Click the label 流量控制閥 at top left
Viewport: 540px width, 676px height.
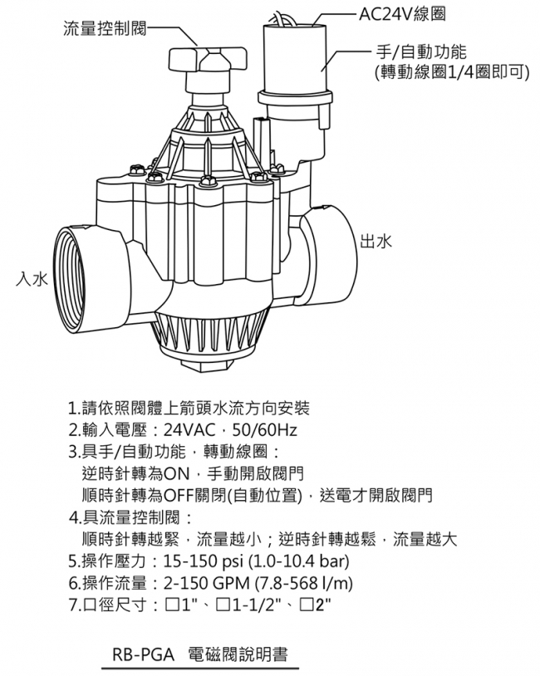coord(105,29)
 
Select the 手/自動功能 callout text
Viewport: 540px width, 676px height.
coord(421,51)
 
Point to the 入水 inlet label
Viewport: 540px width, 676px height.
coord(32,279)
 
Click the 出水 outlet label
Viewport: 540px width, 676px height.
coord(376,241)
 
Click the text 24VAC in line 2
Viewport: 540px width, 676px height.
coord(189,430)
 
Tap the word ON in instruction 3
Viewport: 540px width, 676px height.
coord(177,474)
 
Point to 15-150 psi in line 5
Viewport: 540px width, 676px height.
coord(203,561)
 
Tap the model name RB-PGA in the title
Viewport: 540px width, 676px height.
coord(143,655)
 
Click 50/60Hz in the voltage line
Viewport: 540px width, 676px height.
coord(264,430)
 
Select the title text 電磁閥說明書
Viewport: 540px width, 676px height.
coord(238,654)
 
